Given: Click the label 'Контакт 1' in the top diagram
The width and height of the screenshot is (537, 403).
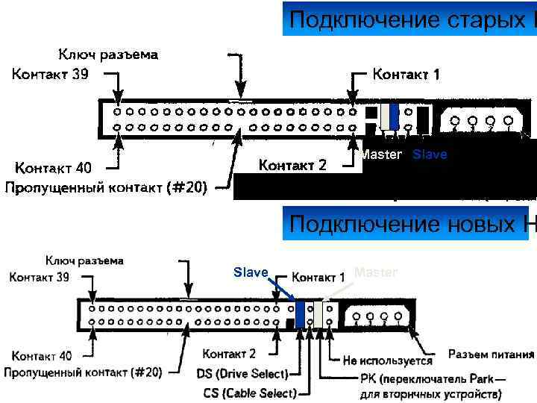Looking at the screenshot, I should (406, 74).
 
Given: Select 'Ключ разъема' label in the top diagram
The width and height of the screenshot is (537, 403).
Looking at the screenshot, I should (108, 54).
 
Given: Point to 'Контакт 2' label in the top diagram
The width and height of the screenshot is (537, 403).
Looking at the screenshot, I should (292, 165).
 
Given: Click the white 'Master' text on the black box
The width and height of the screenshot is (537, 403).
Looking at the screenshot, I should (381, 154).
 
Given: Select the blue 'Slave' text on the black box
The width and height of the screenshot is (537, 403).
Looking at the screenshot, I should (430, 154).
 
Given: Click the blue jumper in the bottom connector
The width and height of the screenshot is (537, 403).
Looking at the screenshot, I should (300, 313).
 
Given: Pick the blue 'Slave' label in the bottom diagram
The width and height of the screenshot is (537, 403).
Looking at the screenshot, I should (251, 272).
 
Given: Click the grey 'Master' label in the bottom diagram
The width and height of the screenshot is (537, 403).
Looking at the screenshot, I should (376, 272).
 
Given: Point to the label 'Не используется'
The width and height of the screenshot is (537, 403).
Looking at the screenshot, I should (387, 360).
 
